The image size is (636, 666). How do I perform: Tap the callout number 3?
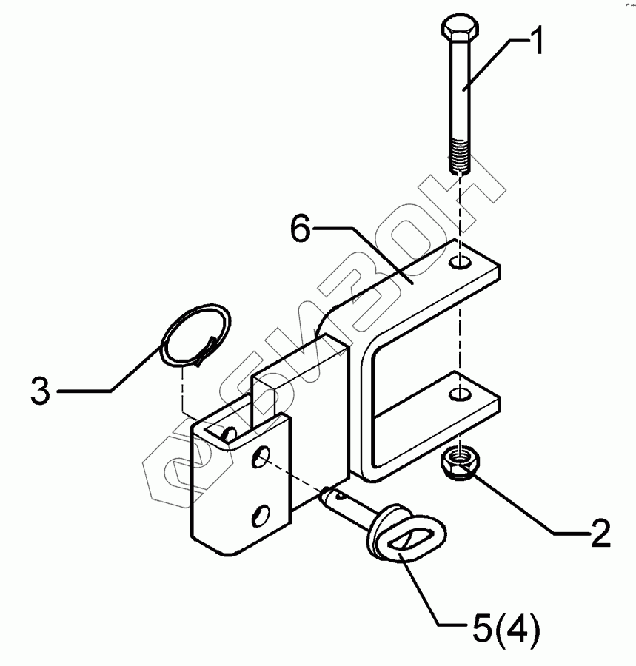coord(40,390)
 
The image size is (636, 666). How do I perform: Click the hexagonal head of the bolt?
coord(460,31)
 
